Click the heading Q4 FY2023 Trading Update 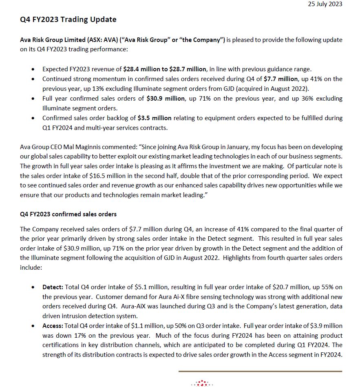(68, 20)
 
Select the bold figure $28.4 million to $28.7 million (170, 69)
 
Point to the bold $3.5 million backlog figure (155, 118)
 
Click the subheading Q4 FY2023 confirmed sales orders (68, 214)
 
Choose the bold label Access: (53, 326)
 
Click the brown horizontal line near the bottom (260, 372)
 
